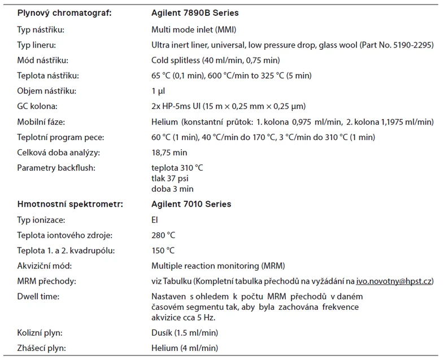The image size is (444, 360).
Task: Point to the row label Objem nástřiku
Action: [45, 90]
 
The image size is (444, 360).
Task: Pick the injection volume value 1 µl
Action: [158, 90]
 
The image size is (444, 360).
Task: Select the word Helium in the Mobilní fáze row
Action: [164, 122]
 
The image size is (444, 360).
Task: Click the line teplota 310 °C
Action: [178, 168]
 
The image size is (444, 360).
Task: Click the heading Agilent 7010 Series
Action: [191, 203]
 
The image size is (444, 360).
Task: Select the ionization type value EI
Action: [155, 219]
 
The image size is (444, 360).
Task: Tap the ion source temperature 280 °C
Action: [163, 235]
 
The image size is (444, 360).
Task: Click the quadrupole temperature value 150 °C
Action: [163, 250]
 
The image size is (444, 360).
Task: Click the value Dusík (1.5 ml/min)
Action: [185, 333]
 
